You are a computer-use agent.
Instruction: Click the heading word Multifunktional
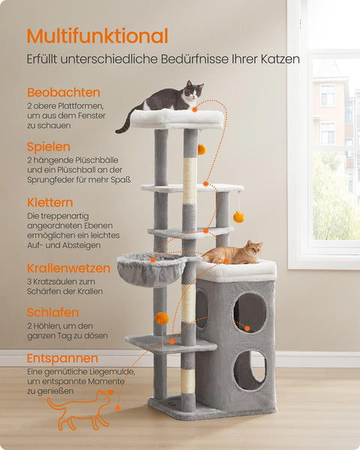97,35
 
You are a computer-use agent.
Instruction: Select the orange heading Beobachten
64,92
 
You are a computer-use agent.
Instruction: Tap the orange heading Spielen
49,147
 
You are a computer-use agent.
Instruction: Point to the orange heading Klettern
50,202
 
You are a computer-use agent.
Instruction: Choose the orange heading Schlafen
52,312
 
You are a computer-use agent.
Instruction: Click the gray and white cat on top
169,101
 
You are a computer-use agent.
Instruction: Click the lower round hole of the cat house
249,370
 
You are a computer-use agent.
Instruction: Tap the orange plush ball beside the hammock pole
162,318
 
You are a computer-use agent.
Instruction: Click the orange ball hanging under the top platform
202,149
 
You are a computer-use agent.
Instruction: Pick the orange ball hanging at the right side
238,217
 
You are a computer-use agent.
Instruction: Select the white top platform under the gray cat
178,118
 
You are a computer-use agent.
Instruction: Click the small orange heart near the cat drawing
110,391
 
